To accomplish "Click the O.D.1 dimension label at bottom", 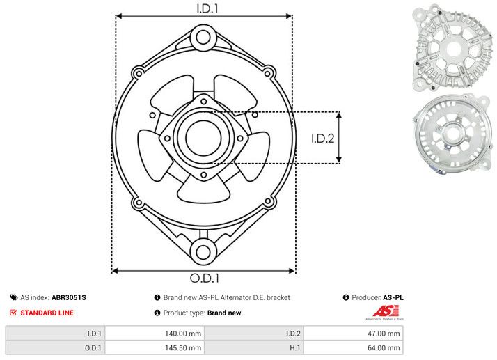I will click(203, 279).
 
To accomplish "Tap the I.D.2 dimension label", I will click(323, 138).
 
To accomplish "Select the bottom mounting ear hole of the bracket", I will click(203, 251).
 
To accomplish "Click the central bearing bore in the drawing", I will click(203, 137).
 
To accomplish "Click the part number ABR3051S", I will click(69, 297).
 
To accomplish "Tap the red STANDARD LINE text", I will click(47, 313).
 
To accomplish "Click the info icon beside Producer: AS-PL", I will click(346, 297).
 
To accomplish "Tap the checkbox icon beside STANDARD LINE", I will click(13, 313).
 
